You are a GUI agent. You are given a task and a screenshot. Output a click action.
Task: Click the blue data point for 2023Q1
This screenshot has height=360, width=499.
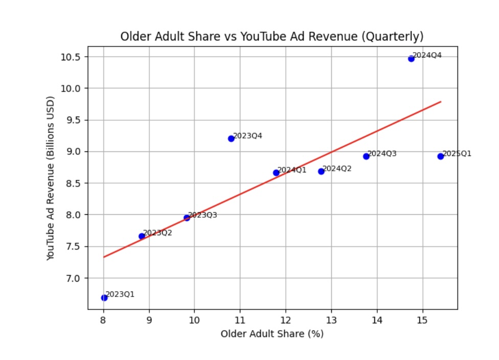pyautogui.click(x=104, y=298)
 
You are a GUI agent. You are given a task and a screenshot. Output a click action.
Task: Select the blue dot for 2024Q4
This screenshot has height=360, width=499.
pyautogui.click(x=411, y=59)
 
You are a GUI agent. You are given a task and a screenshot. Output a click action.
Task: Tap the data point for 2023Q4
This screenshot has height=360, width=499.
pyautogui.click(x=231, y=139)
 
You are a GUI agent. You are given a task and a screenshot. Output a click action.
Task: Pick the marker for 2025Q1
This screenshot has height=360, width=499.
pyautogui.click(x=441, y=156)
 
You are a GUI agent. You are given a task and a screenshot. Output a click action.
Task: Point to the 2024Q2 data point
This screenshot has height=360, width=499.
pyautogui.click(x=321, y=171)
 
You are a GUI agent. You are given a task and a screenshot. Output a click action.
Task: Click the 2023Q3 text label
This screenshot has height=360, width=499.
pyautogui.click(x=202, y=215)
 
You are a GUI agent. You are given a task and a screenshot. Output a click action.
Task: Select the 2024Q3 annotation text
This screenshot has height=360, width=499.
pyautogui.click(x=382, y=153)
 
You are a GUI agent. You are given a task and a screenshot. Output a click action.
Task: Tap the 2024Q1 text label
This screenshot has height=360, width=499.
pyautogui.click(x=292, y=170)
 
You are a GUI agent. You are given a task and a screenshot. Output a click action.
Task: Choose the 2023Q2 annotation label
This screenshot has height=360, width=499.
pyautogui.click(x=157, y=233)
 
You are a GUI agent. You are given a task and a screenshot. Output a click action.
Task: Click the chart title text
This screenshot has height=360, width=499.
pyautogui.click(x=271, y=37)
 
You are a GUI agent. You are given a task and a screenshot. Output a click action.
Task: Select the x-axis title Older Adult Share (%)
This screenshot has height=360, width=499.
pyautogui.click(x=272, y=334)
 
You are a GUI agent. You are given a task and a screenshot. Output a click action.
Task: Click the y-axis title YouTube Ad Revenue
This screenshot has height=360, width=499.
pyautogui.click(x=50, y=177)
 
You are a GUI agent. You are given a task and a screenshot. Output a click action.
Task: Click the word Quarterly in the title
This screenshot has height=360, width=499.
pyautogui.click(x=401, y=37)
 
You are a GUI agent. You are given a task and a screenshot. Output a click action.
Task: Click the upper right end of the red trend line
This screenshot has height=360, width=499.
pyautogui.click(x=441, y=102)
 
